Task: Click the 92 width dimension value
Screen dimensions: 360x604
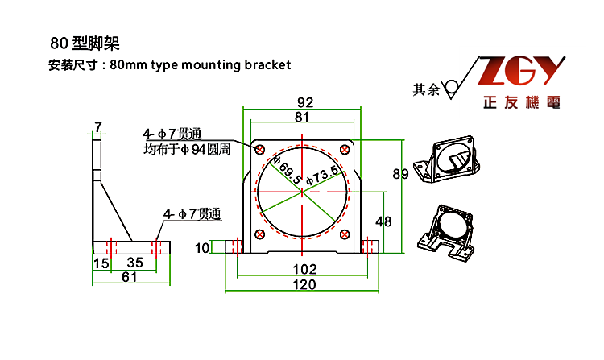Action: coord(304,102)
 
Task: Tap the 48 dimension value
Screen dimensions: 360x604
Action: coord(383,221)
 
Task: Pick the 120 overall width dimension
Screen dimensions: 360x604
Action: coord(303,284)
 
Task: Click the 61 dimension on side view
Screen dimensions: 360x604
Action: coord(130,276)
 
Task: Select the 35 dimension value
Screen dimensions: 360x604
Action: coord(134,263)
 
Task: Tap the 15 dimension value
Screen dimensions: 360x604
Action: coord(101,263)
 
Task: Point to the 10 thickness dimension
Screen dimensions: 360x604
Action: coord(201,247)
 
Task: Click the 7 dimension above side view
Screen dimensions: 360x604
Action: coord(98,126)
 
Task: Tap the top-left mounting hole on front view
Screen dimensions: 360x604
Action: coord(260,150)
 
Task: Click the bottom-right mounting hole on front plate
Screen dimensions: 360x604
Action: coord(344,234)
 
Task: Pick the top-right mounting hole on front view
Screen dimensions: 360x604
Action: coord(344,150)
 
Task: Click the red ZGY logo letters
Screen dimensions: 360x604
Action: coord(519,74)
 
